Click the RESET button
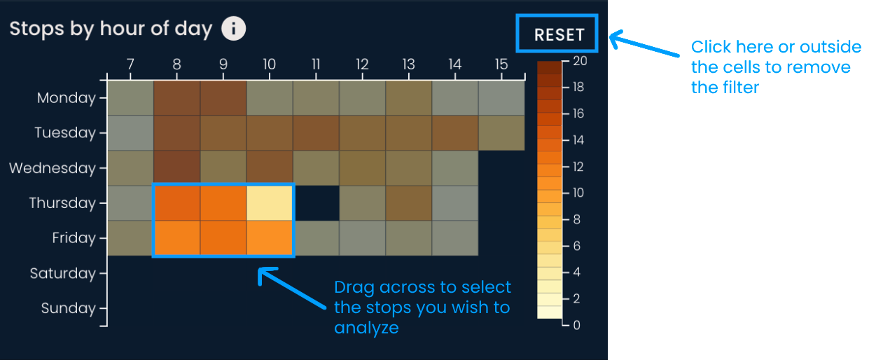[x=557, y=34]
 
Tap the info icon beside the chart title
[x=233, y=29]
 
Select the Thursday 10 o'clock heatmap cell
[x=270, y=203]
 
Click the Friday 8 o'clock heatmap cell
[x=177, y=238]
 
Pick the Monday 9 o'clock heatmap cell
[x=223, y=98]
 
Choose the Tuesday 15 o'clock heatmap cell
[x=501, y=133]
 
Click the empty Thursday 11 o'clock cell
[x=316, y=203]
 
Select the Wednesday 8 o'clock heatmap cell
[x=177, y=168]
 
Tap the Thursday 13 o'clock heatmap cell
[x=409, y=203]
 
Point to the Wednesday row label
[x=53, y=168]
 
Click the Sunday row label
[x=69, y=308]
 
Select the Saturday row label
[x=62, y=273]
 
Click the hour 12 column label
[x=362, y=64]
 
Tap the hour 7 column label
[x=131, y=64]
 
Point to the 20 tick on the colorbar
[x=580, y=61]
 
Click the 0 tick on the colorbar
[x=577, y=325]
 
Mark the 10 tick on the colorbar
[x=578, y=193]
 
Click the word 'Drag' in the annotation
[x=354, y=288]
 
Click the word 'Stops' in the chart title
[x=36, y=29]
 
